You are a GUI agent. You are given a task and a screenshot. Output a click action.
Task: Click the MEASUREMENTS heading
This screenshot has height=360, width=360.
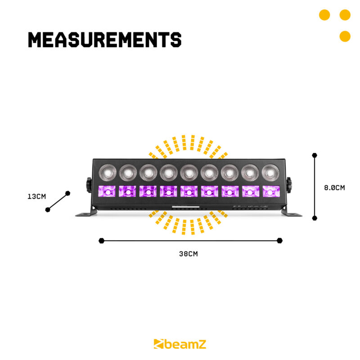pyautogui.click(x=104, y=40)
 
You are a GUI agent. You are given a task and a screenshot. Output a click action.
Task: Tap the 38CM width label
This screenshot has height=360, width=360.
pyautogui.click(x=189, y=254)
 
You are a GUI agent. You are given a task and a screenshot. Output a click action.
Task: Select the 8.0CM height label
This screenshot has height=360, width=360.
pyautogui.click(x=334, y=188)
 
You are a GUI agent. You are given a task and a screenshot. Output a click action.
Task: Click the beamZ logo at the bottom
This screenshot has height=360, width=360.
pyautogui.click(x=180, y=344)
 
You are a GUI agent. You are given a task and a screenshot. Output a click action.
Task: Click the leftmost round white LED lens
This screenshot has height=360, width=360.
pyautogui.click(x=107, y=171)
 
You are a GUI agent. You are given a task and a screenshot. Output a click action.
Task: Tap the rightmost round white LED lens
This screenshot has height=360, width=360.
pyautogui.click(x=270, y=171)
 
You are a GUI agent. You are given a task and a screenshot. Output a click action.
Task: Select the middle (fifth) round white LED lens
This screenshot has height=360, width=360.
pyautogui.click(x=189, y=171)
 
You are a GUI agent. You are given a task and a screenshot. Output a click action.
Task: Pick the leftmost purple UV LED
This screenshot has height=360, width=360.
pyautogui.click(x=107, y=191)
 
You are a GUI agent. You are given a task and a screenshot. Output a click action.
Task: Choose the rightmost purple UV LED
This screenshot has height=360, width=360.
pyautogui.click(x=270, y=191)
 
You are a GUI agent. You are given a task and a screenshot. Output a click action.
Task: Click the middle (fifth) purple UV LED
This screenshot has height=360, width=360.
pyautogui.click(x=189, y=191)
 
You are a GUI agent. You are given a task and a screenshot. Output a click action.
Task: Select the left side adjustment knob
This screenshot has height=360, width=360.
pyautogui.click(x=89, y=184)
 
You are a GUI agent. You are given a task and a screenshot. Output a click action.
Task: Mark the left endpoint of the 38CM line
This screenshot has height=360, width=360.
pyautogui.click(x=102, y=241)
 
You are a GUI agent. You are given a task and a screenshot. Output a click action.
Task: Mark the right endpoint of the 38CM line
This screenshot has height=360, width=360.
pyautogui.click(x=280, y=241)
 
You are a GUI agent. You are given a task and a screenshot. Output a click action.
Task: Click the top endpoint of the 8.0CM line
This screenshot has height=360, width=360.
pyautogui.click(x=315, y=155)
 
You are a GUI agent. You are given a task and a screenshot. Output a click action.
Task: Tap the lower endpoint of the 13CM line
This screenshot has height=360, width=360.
pyautogui.click(x=48, y=210)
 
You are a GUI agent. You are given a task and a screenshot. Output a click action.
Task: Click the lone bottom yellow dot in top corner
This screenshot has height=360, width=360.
pyautogui.click(x=345, y=36)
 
